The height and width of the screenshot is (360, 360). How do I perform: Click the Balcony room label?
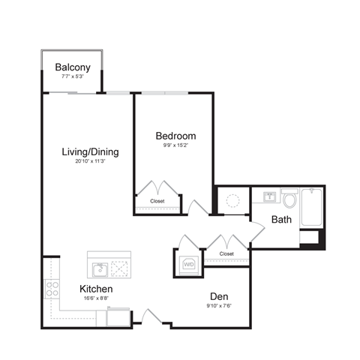[x=73, y=67]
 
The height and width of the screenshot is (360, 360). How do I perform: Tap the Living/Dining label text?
[x=90, y=152]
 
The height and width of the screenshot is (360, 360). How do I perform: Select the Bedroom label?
[x=175, y=136]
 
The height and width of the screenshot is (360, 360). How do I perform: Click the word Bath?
[x=281, y=220]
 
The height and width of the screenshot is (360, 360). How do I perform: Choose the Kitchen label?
[x=96, y=289]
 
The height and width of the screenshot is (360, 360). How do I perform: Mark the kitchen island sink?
[x=99, y=268]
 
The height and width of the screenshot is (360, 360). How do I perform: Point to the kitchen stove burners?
[x=52, y=290]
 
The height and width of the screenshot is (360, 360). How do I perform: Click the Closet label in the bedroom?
[x=157, y=201]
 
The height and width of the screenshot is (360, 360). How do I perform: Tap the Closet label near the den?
[x=226, y=253]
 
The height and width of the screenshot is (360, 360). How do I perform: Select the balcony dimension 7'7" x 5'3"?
[x=73, y=76]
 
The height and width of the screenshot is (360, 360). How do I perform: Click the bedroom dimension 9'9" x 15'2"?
[x=175, y=145]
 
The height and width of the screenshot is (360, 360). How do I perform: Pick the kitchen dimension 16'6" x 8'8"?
[x=96, y=298]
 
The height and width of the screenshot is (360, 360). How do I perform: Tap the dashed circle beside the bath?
[x=233, y=200]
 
